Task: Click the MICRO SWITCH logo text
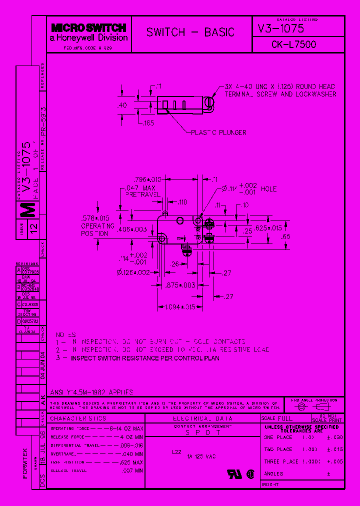tap(88, 28)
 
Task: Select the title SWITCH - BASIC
tap(190, 32)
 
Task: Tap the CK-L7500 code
tap(293, 44)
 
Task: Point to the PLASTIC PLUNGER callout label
tap(218, 132)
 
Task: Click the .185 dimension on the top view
tap(148, 123)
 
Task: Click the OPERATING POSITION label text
tap(94, 229)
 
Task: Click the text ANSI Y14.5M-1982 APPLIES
tap(92, 392)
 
